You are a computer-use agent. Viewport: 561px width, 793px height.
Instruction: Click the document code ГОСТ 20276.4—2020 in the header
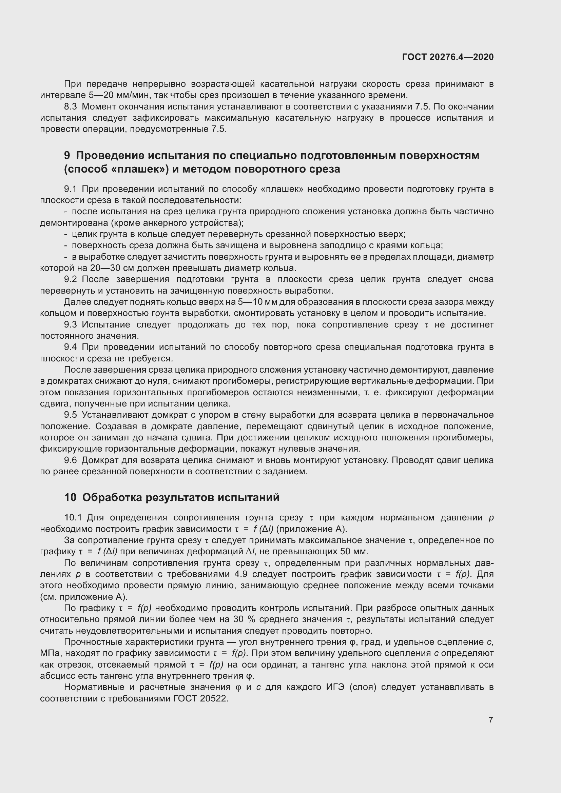pyautogui.click(x=448, y=57)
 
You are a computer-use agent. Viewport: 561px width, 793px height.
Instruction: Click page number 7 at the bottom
pyautogui.click(x=490, y=720)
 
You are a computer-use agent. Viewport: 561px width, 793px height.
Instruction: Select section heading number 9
pyautogui.click(x=67, y=155)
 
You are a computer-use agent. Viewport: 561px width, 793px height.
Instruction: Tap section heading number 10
pyautogui.click(x=70, y=497)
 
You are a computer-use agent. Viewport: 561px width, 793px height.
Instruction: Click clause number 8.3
pyautogui.click(x=71, y=107)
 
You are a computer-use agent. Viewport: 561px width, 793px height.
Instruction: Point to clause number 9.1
pyautogui.click(x=70, y=189)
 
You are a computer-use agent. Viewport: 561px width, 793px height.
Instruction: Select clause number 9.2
pyautogui.click(x=70, y=279)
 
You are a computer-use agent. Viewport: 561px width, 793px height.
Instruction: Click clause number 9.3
pyautogui.click(x=70, y=325)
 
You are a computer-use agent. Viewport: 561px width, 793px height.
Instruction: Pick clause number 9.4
pyautogui.click(x=70, y=347)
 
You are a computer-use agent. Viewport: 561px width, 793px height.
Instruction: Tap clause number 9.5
pyautogui.click(x=70, y=415)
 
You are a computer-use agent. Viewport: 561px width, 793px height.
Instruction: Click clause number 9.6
pyautogui.click(x=70, y=460)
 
